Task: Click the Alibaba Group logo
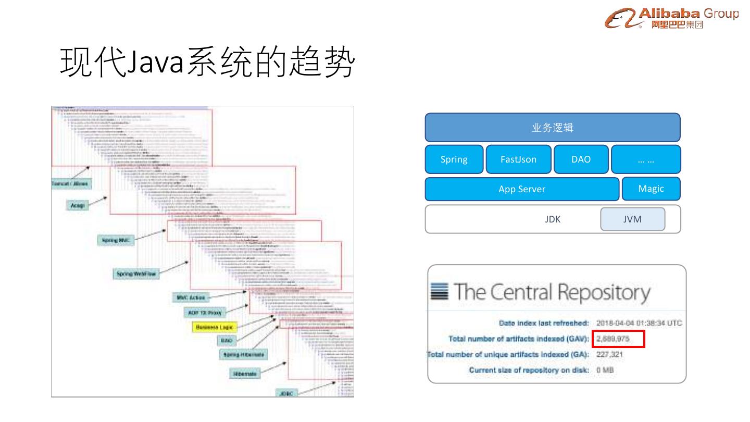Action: coord(671,18)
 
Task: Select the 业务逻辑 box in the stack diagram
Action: coord(553,128)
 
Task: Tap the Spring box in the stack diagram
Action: coord(454,159)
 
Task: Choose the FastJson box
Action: coord(518,159)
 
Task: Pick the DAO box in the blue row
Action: coord(581,159)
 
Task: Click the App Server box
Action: coord(522,189)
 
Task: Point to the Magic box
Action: coord(651,189)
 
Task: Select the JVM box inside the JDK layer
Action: coord(632,219)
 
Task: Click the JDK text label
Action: coord(553,219)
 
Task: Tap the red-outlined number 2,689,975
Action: coord(618,339)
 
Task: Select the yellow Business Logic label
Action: coord(215,327)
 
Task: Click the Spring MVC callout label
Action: coord(116,240)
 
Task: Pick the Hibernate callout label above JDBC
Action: coord(244,374)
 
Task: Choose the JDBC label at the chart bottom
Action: coord(286,393)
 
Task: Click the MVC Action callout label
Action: coord(191,297)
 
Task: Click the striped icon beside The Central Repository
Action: coord(439,291)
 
